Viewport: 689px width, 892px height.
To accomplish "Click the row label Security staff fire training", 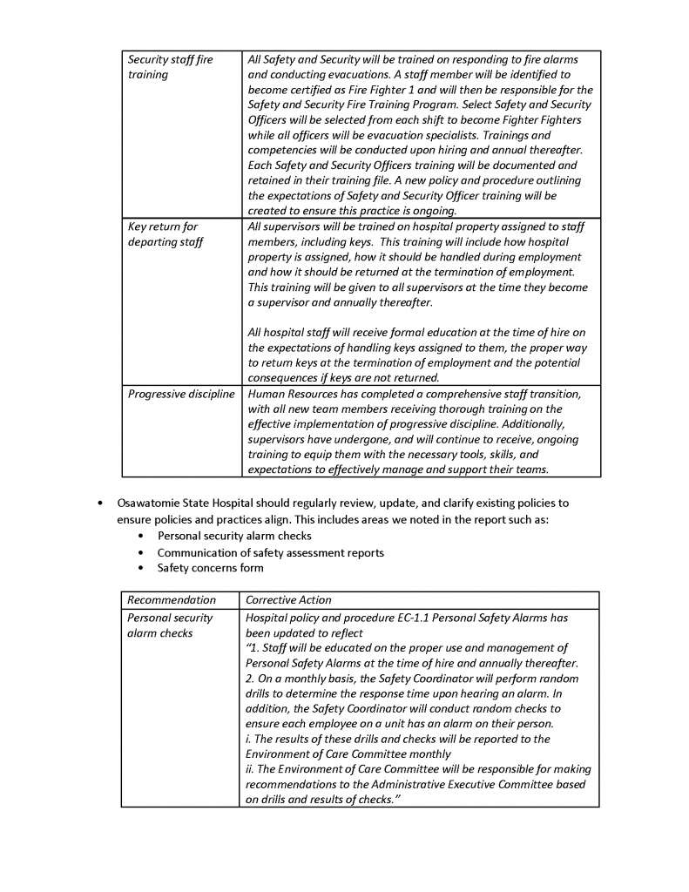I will pos(170,67).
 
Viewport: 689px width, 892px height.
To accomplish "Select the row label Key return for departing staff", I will pos(165,234).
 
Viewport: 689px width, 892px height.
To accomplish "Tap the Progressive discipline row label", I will pos(181,394).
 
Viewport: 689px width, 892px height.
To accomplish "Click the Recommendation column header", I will pos(172,599).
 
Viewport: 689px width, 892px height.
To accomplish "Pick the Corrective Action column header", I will pos(288,599).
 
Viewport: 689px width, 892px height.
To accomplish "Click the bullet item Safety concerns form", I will pos(210,568).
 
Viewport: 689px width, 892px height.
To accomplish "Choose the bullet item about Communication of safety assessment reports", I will pos(270,552).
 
